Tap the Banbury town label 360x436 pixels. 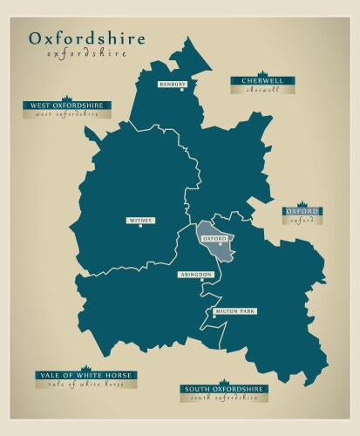[172, 85]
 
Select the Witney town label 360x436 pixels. [140, 221]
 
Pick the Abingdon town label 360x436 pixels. [196, 274]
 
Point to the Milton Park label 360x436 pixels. [236, 311]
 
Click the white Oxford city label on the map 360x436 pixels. [214, 238]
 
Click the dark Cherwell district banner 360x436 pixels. [262, 81]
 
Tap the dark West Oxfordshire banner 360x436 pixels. [68, 106]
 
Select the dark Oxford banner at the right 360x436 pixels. [302, 212]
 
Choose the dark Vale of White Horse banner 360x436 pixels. [85, 375]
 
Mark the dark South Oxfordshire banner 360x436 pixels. [224, 389]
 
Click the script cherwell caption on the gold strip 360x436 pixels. [262, 90]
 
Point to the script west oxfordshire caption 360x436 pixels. [68, 114]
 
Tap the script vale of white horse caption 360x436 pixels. [85, 384]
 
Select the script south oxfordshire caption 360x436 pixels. [224, 398]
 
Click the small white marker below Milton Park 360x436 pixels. [214, 317]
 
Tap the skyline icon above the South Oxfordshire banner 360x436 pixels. [224, 382]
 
